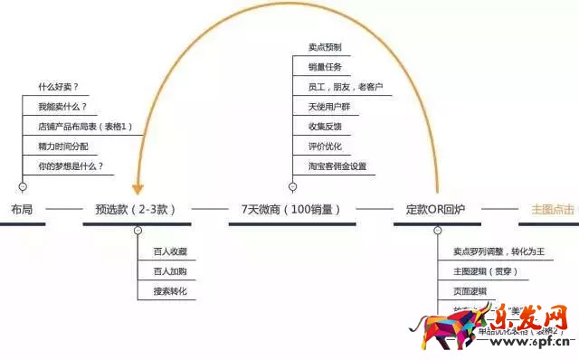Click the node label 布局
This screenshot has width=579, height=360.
click(x=23, y=209)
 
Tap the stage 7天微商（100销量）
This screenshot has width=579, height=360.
click(x=290, y=209)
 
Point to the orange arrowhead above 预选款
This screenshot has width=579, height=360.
click(x=138, y=189)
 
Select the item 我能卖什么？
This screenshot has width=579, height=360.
click(x=61, y=107)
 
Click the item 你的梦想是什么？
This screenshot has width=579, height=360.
click(x=71, y=166)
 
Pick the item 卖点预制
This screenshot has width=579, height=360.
click(x=325, y=47)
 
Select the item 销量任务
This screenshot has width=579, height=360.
click(x=325, y=67)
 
